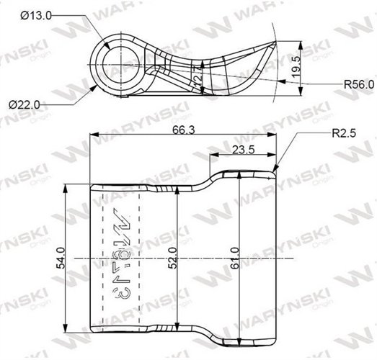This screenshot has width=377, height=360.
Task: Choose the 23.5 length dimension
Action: [x=244, y=149]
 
